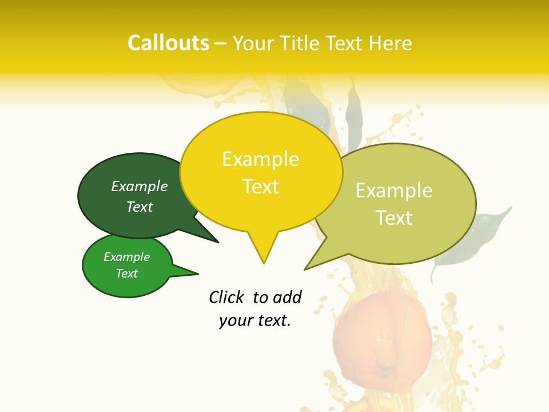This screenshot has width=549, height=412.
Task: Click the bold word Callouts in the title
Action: tap(168, 43)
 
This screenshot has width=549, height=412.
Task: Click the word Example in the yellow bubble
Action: tap(260, 159)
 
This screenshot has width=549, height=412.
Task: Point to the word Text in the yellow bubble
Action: tap(260, 187)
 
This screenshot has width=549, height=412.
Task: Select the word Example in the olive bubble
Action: tap(394, 191)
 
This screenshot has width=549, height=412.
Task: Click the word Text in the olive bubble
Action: tap(394, 218)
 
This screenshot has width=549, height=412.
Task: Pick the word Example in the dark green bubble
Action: tap(140, 187)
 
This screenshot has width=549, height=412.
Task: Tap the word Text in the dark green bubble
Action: tap(140, 207)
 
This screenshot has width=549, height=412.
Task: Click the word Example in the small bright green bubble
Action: tap(126, 257)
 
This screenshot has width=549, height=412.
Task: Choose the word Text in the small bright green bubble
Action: tap(126, 274)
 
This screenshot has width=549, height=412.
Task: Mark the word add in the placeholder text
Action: tap(288, 297)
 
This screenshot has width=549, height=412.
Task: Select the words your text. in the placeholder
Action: tap(254, 320)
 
